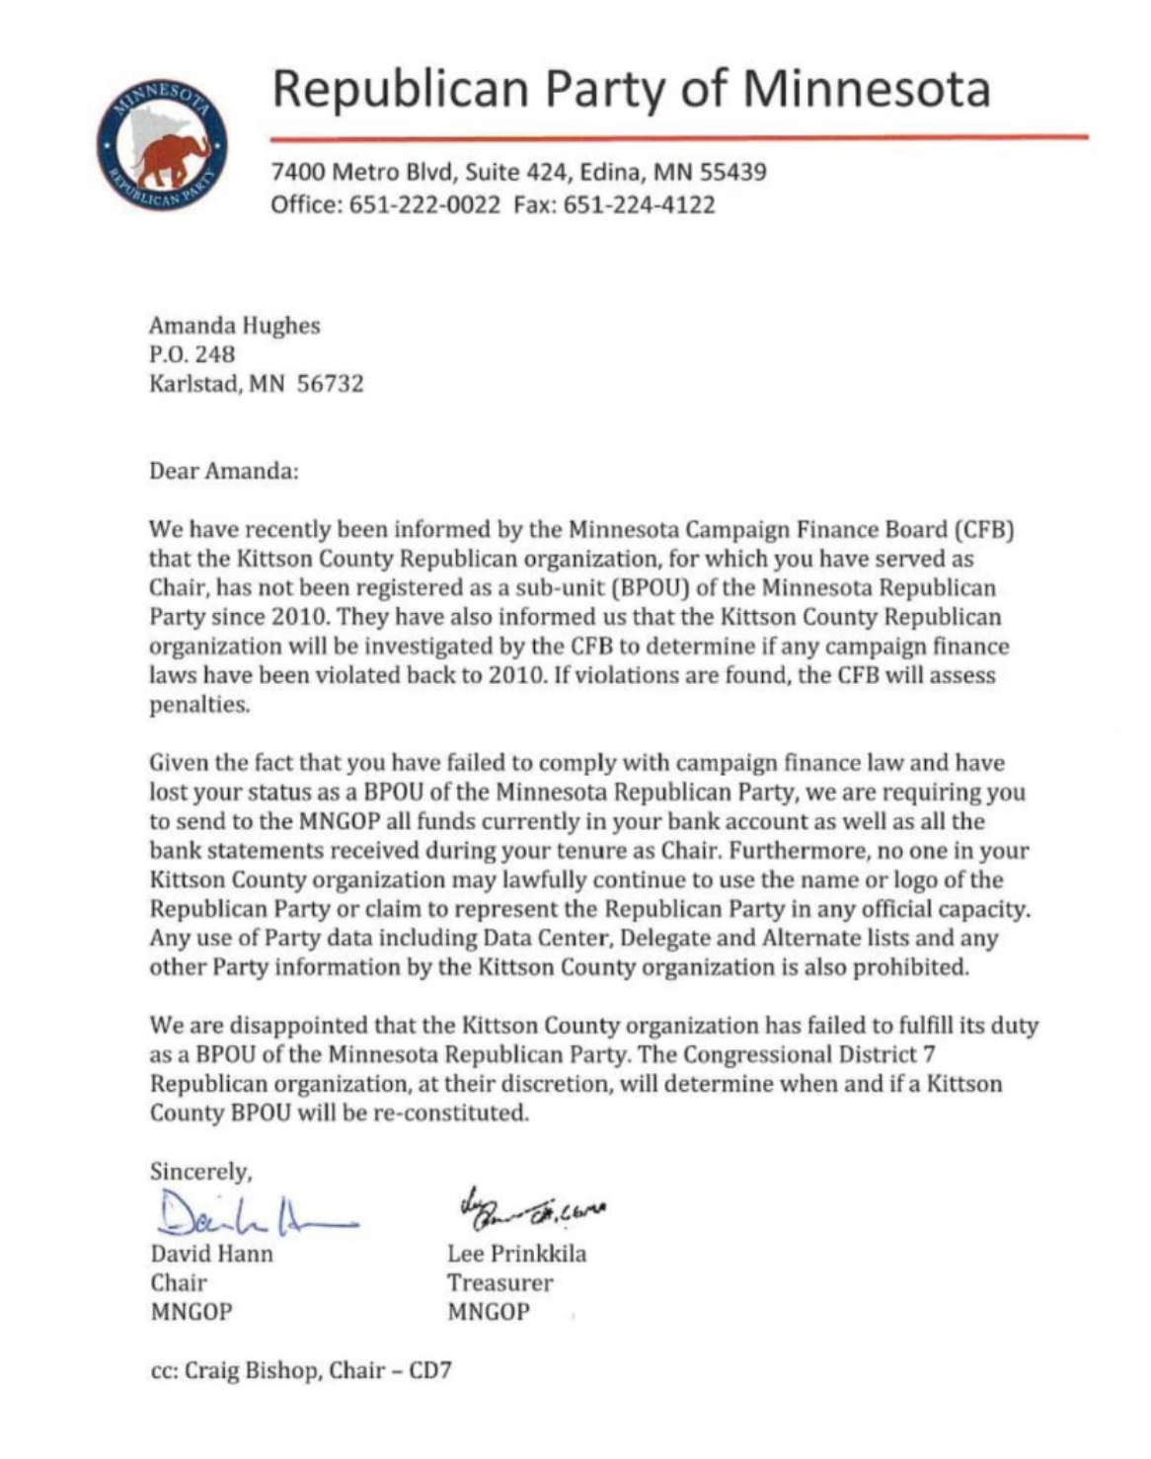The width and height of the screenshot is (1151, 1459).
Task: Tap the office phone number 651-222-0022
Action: [424, 205]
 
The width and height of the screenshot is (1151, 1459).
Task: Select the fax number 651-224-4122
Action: [639, 205]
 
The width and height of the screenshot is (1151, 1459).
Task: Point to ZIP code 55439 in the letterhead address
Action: [733, 172]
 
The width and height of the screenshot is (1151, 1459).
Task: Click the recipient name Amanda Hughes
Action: [235, 326]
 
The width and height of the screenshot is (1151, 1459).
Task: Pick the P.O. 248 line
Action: [192, 353]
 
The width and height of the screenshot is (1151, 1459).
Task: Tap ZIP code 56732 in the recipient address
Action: [331, 383]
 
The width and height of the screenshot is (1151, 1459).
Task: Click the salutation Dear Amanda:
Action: [224, 471]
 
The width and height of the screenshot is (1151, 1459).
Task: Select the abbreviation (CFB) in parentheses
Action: [986, 529]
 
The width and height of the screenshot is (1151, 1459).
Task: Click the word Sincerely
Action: [200, 1172]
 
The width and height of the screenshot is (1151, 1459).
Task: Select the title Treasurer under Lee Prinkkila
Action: [499, 1283]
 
